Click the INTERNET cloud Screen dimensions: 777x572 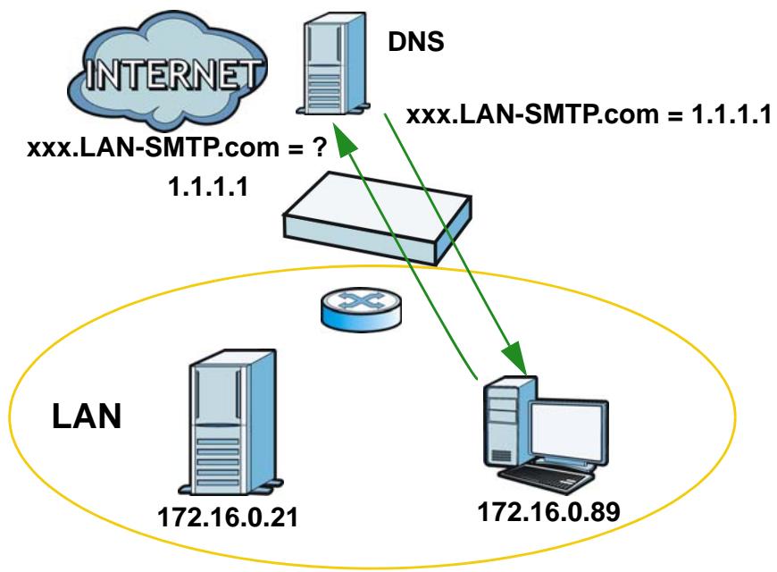click(168, 71)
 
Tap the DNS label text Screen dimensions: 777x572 click(416, 41)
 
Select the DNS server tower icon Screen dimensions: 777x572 click(333, 64)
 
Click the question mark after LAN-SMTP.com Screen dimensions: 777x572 click(320, 147)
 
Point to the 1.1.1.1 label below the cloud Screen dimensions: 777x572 click(208, 187)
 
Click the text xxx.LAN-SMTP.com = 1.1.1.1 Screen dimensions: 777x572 click(589, 115)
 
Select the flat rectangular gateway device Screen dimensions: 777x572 click(378, 218)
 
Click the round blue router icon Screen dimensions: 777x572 click(361, 309)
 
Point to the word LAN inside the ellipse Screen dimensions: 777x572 click(87, 416)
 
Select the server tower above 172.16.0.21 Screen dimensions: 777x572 click(231, 422)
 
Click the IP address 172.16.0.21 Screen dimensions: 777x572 click(228, 517)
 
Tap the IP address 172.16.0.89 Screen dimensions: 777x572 click(548, 511)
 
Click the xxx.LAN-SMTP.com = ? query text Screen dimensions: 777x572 click(177, 147)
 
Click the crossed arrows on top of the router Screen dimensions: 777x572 click(361, 301)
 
